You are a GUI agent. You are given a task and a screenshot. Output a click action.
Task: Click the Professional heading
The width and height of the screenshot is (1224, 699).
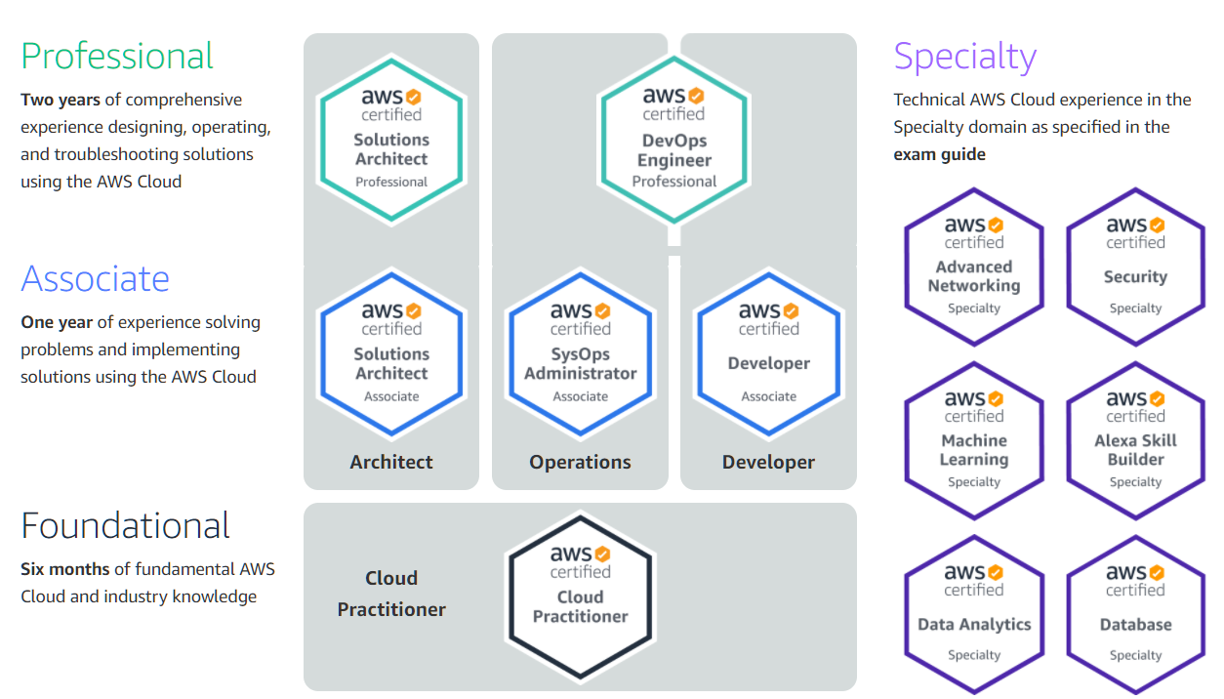point(116,56)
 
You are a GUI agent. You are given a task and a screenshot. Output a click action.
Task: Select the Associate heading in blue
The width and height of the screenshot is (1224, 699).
point(95,279)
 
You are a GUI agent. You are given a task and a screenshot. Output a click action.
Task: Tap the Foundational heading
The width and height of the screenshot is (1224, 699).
point(125,526)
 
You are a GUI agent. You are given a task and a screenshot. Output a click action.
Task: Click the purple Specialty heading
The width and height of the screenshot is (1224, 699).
point(964,56)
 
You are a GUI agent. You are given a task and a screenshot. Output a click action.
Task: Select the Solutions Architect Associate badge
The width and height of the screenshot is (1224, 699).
point(391,352)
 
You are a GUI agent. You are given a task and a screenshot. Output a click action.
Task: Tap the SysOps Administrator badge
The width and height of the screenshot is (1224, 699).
point(580,352)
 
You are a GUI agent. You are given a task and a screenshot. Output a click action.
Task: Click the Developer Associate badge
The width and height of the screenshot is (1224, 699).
point(768,352)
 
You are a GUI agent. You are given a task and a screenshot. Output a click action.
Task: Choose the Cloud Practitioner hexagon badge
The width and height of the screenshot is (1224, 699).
point(580,596)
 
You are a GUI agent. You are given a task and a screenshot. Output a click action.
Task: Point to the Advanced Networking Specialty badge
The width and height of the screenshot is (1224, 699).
point(974,267)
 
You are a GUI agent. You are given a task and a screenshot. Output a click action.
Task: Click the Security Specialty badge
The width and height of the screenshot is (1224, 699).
point(1135,267)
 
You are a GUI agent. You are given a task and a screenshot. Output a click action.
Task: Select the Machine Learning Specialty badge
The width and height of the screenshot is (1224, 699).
point(974,440)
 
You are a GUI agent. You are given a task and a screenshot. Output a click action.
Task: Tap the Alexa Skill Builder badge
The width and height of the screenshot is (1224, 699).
point(1135,440)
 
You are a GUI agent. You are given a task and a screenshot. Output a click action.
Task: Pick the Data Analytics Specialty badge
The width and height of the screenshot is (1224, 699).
point(974,614)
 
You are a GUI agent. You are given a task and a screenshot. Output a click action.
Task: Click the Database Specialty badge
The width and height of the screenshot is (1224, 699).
point(1135,614)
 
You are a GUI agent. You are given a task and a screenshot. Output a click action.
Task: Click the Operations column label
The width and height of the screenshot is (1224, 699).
point(580,463)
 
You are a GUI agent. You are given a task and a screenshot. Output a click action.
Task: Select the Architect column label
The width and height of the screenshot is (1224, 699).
point(391,463)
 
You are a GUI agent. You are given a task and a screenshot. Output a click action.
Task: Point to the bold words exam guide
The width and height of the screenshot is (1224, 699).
point(939,154)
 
